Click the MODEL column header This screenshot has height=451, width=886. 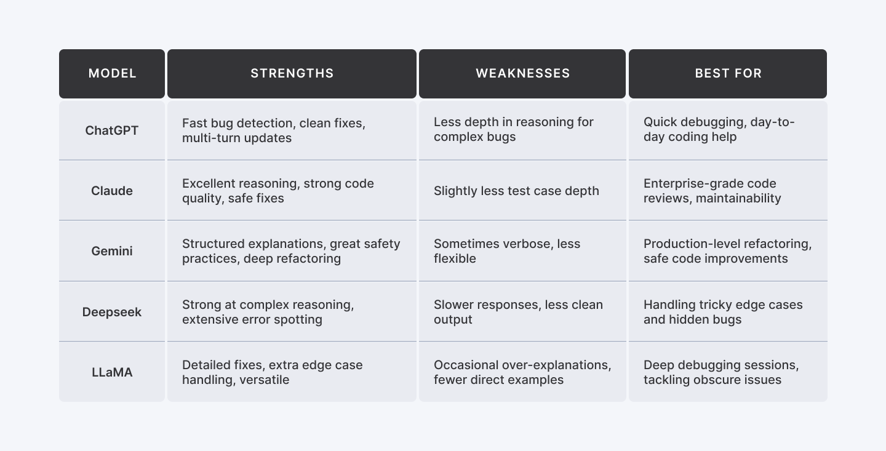point(112,74)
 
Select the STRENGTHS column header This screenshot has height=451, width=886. point(292,74)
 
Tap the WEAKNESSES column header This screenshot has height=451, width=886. point(522,74)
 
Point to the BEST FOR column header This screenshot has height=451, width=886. point(728,74)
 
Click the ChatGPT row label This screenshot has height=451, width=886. point(112,130)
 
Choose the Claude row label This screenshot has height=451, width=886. point(112,191)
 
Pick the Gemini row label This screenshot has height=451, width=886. point(112,251)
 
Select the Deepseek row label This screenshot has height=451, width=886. point(112,312)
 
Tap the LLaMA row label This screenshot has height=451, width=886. point(112,372)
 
